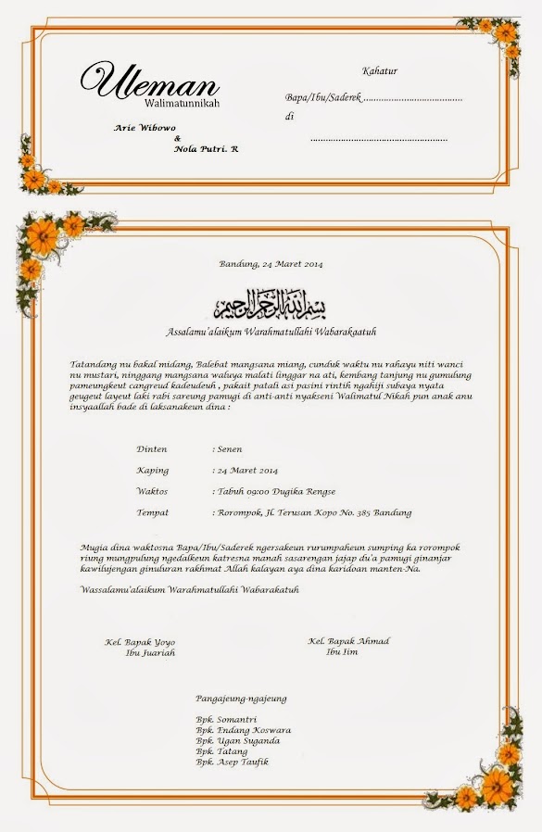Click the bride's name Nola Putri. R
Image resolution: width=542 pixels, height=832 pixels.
pyautogui.click(x=207, y=148)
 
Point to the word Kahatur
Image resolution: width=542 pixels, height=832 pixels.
pyautogui.click(x=380, y=71)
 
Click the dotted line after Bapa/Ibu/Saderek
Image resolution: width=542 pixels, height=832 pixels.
pyautogui.click(x=412, y=97)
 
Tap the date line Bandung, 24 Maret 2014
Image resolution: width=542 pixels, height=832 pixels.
pyautogui.click(x=271, y=264)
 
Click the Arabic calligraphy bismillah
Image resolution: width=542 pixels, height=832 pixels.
pyautogui.click(x=271, y=305)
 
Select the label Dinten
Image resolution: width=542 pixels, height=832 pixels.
pyautogui.click(x=152, y=449)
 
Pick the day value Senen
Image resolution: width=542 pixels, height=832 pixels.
pyautogui.click(x=229, y=449)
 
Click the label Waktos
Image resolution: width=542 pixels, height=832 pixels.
pyautogui.click(x=152, y=491)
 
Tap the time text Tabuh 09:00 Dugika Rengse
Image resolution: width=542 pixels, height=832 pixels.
pyautogui.click(x=275, y=491)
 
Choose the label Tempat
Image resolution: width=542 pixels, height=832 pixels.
pyautogui.click(x=152, y=512)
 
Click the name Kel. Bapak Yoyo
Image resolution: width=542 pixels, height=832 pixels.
pyautogui.click(x=140, y=642)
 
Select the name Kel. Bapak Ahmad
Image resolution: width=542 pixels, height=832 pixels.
pyautogui.click(x=348, y=641)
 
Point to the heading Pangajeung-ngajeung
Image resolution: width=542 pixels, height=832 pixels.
pyautogui.click(x=241, y=699)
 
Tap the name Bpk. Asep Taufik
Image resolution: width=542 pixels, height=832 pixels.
pyautogui.click(x=232, y=762)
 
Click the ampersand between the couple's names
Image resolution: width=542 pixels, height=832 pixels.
pyautogui.click(x=178, y=138)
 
